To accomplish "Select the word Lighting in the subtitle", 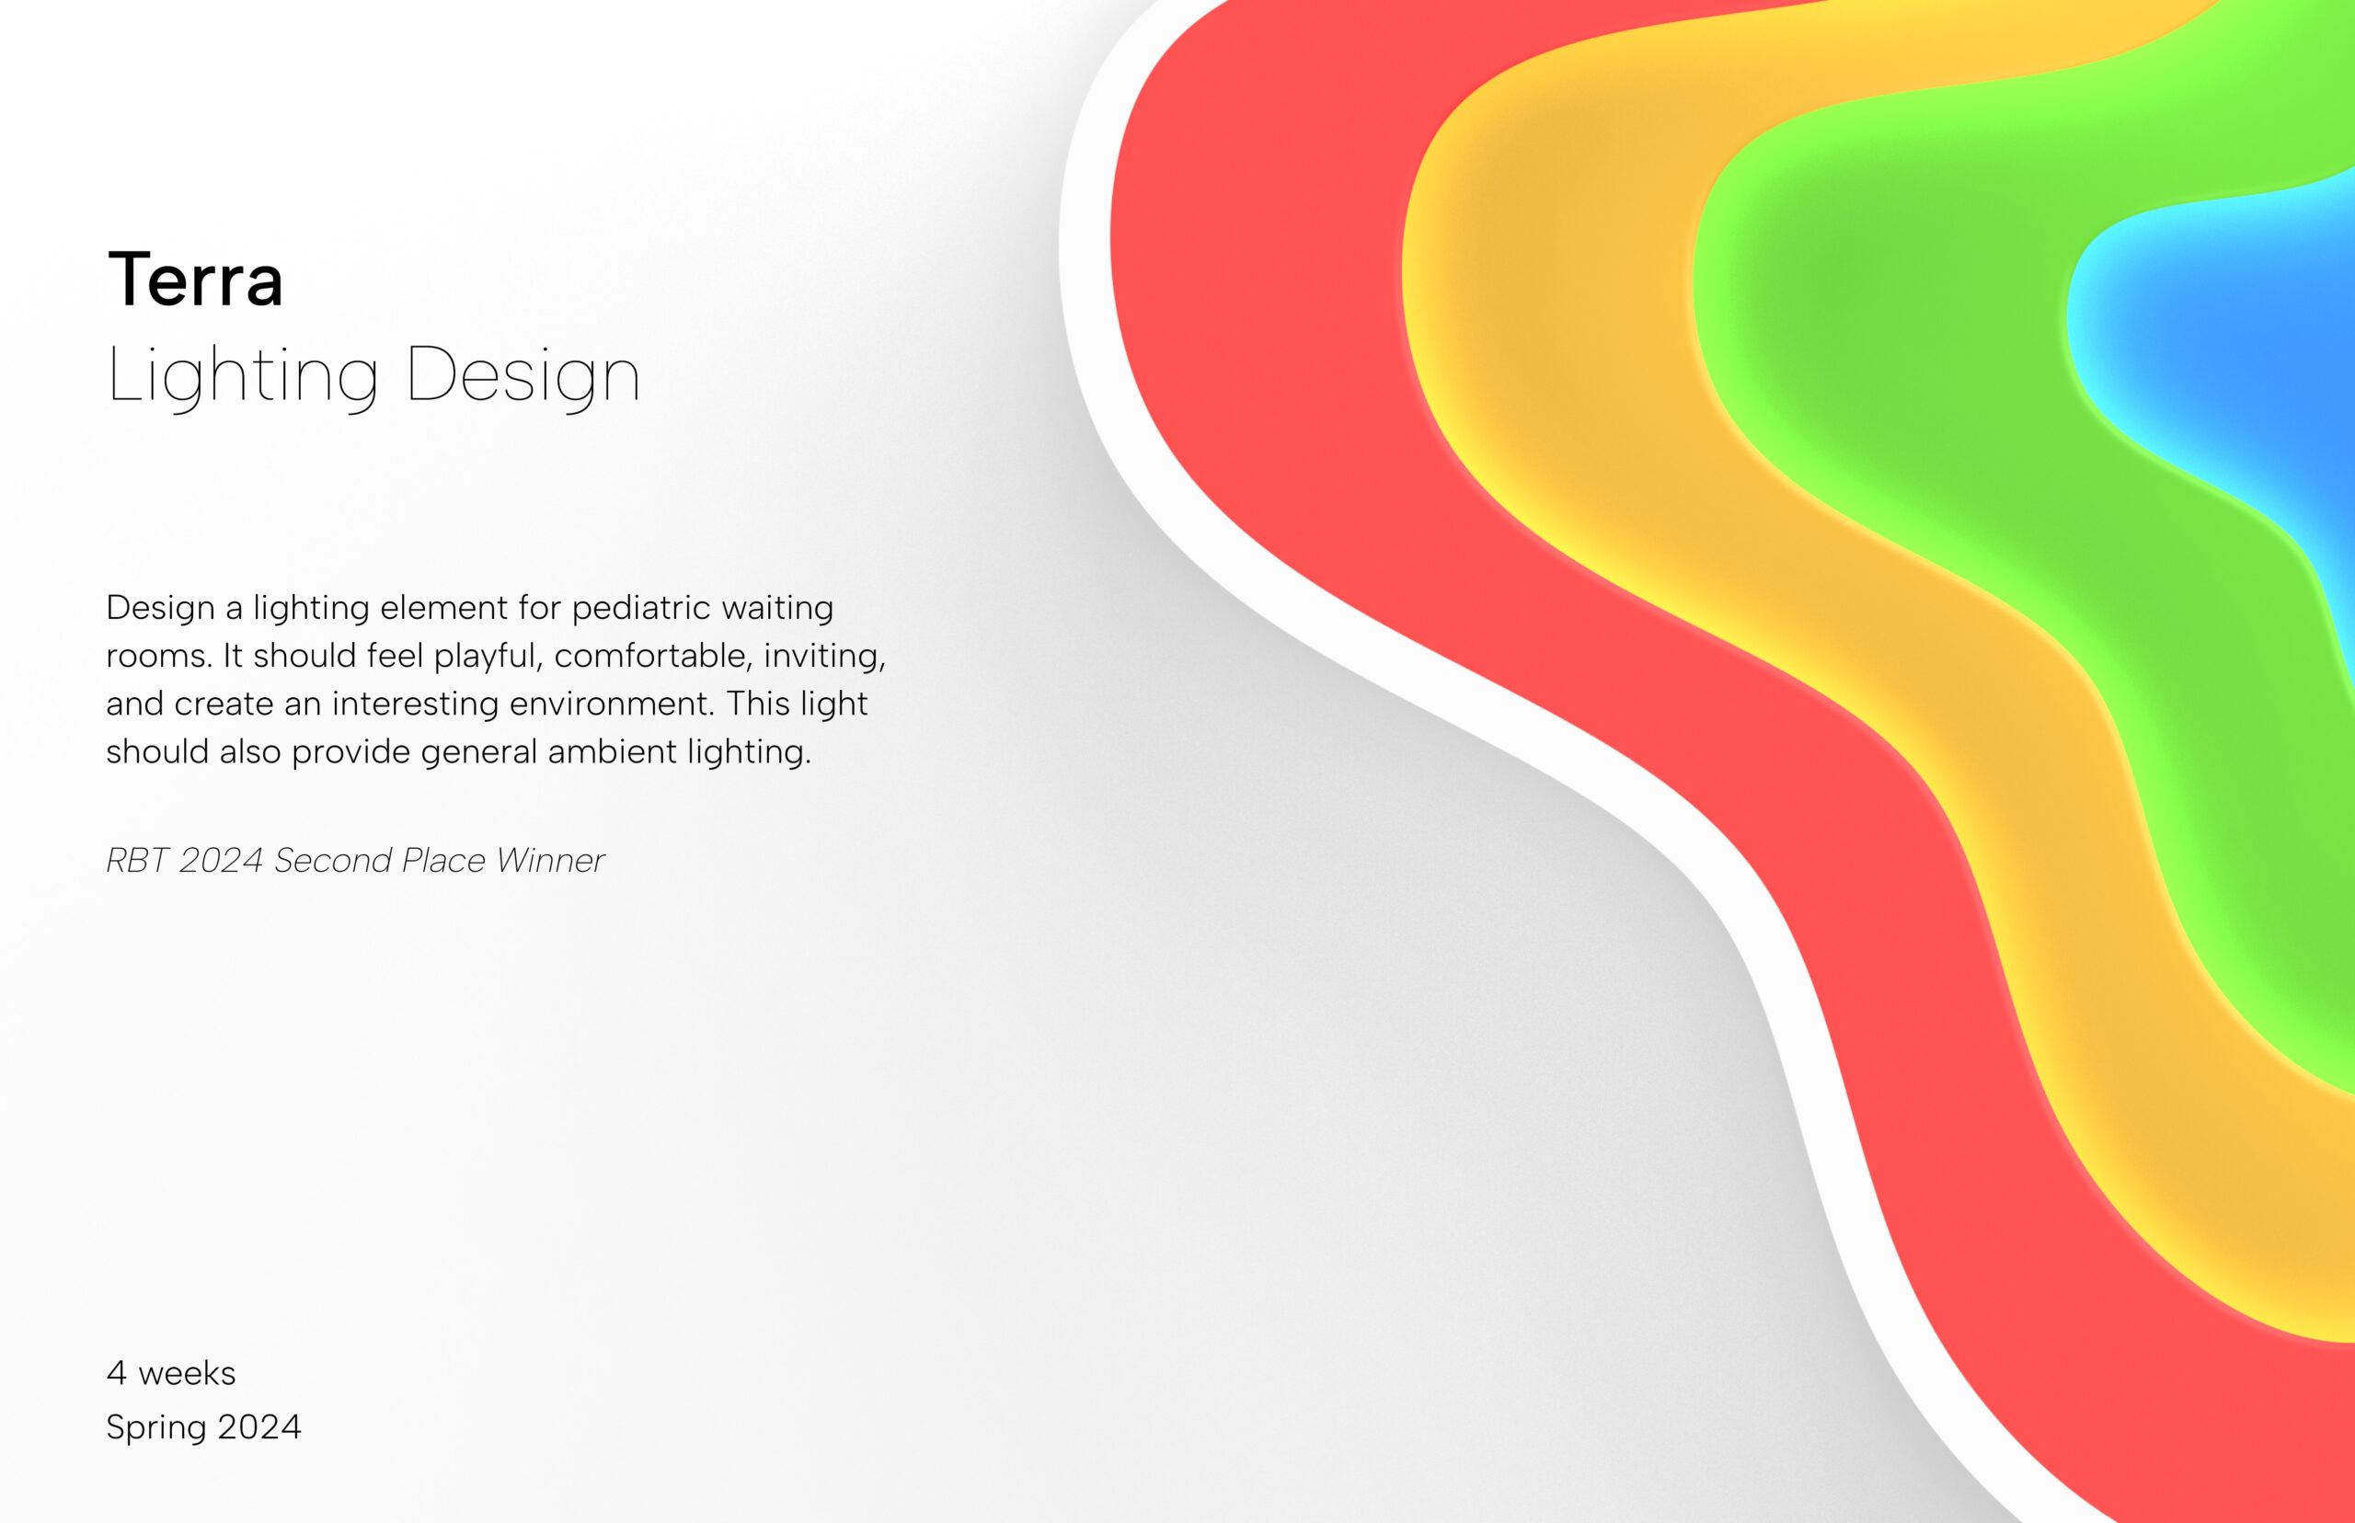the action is pos(242,376).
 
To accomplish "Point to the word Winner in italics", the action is pos(550,861).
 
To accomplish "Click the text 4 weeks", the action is pos(171,1374).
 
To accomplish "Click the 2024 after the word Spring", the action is pos(259,1427).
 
